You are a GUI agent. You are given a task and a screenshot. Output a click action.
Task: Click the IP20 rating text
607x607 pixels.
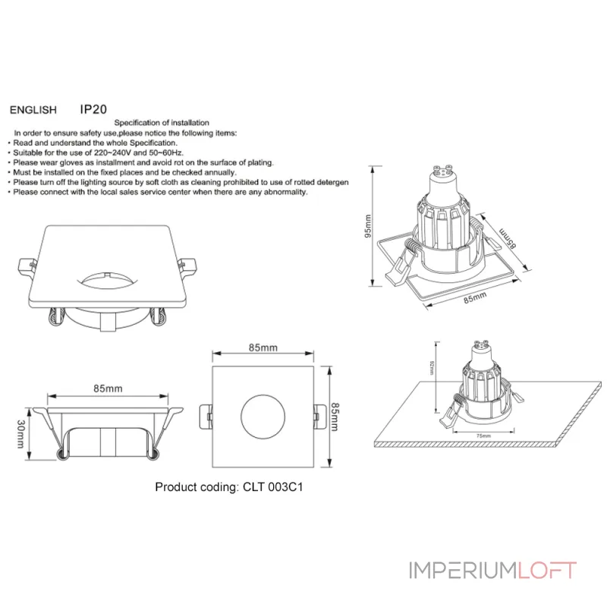point(93,109)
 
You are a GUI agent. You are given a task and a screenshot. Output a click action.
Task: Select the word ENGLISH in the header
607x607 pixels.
point(33,110)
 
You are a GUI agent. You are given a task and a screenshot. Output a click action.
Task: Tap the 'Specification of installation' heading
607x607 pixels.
point(162,123)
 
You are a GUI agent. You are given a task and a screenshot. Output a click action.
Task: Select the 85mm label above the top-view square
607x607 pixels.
point(263,348)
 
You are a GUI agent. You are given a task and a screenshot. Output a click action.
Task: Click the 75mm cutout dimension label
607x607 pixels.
point(483,436)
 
